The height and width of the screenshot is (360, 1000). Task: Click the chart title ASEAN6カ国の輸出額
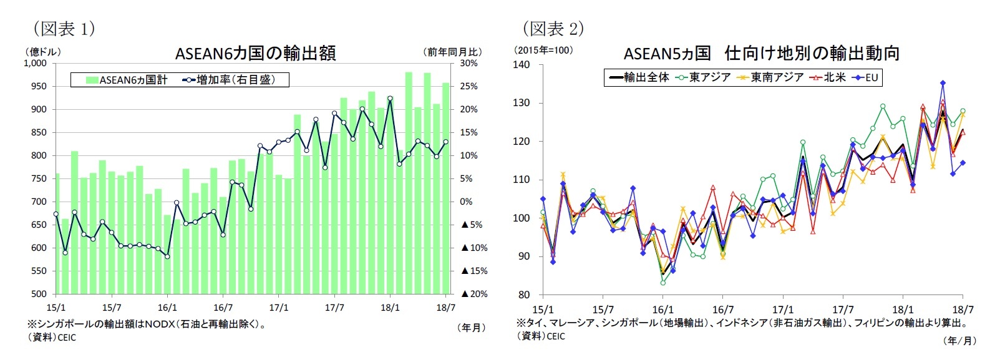(255, 53)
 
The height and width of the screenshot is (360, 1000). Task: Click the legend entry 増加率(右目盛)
(228, 80)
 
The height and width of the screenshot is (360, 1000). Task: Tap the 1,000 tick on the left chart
(35, 63)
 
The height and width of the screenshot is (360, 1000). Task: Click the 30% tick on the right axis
(468, 63)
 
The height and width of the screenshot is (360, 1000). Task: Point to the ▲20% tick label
(474, 294)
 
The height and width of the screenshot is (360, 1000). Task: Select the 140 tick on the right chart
(522, 64)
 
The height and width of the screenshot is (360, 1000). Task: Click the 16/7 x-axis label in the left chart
(223, 308)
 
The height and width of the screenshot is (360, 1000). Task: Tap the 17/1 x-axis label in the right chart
(783, 309)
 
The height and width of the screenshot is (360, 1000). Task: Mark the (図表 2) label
(553, 28)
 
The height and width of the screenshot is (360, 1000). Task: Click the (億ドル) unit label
(43, 51)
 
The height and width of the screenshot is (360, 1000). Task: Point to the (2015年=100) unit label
(543, 50)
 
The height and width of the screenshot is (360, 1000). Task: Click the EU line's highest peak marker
(943, 83)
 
